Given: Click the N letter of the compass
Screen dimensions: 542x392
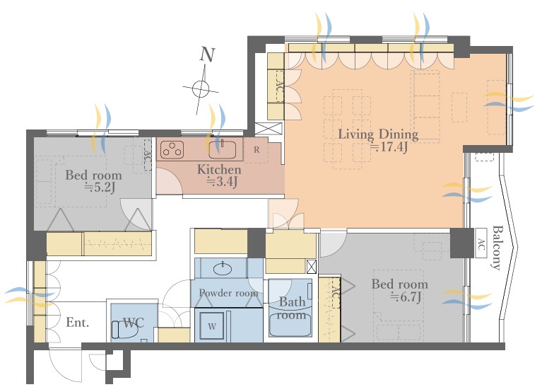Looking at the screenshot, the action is click(207, 54).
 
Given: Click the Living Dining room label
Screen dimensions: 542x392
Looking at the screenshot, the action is click(378, 134).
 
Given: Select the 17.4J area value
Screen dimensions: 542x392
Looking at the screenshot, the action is click(389, 147).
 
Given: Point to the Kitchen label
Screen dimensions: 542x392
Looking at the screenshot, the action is click(219, 170).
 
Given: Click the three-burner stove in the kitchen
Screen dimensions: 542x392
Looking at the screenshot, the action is click(172, 149).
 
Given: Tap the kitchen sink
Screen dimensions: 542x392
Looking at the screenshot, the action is click(223, 149).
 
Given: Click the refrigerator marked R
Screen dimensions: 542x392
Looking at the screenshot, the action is click(256, 150).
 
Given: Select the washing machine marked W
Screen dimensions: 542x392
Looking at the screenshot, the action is click(212, 326).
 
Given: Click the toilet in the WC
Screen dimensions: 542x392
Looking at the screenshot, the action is click(125, 329).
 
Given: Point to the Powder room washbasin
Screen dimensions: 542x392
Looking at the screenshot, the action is click(223, 269).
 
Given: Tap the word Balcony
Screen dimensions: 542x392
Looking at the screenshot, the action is click(496, 248).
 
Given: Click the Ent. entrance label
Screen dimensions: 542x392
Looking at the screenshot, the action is click(78, 323).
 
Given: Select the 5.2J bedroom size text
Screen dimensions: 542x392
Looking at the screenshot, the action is click(100, 188).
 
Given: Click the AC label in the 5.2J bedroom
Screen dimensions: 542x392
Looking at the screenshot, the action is click(148, 156).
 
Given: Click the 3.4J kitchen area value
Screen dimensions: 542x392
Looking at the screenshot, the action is click(223, 181).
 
